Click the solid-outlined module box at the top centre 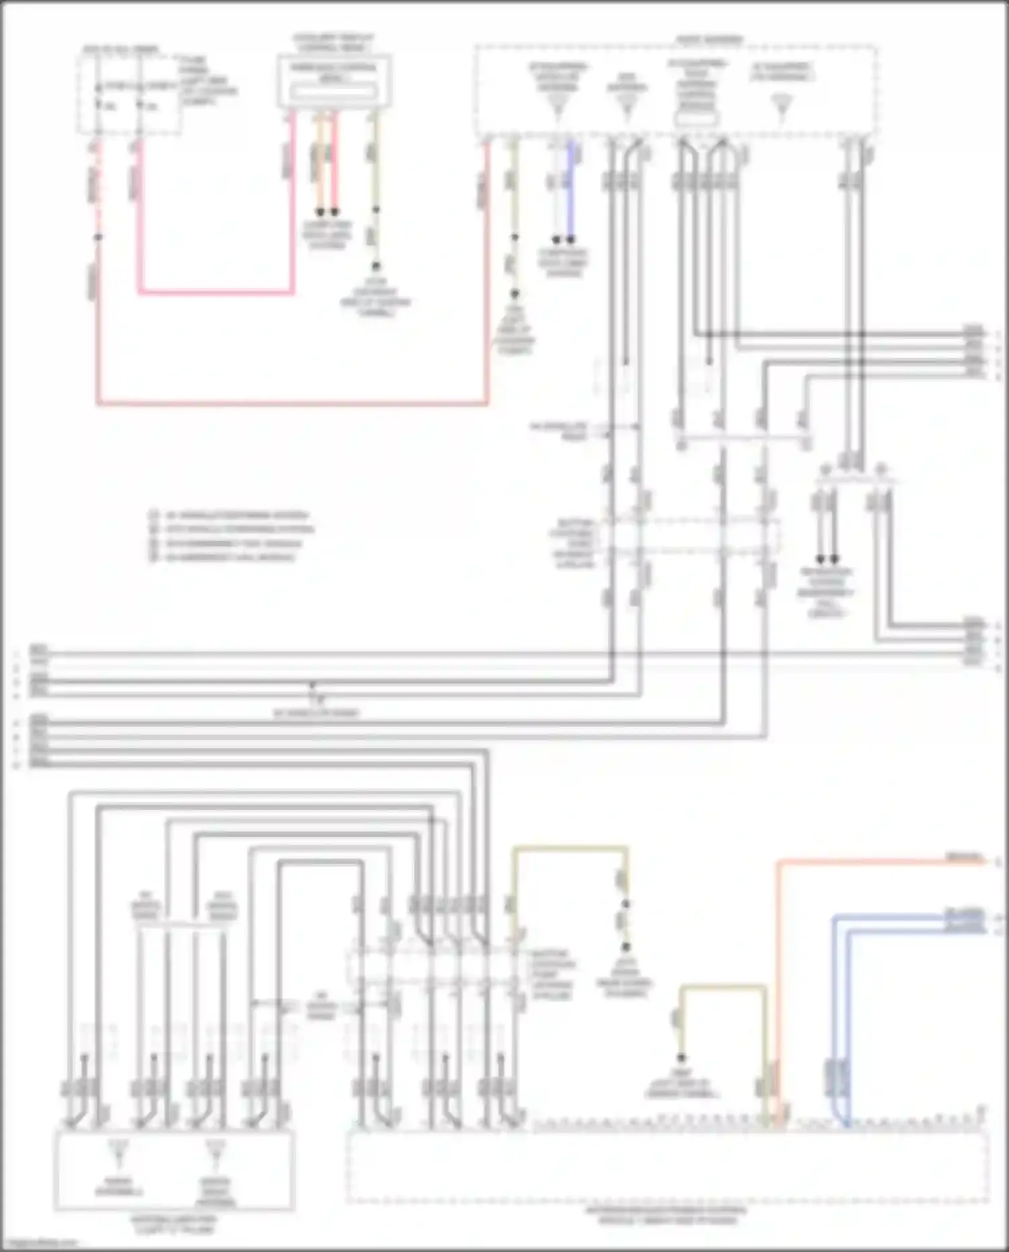point(334,81)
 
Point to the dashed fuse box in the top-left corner point(129,91)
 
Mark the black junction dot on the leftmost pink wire point(98,237)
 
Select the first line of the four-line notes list point(229,516)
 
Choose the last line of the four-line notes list point(223,558)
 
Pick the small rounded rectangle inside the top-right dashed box point(697,120)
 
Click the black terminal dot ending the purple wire point(571,240)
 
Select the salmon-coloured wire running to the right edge point(874,862)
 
